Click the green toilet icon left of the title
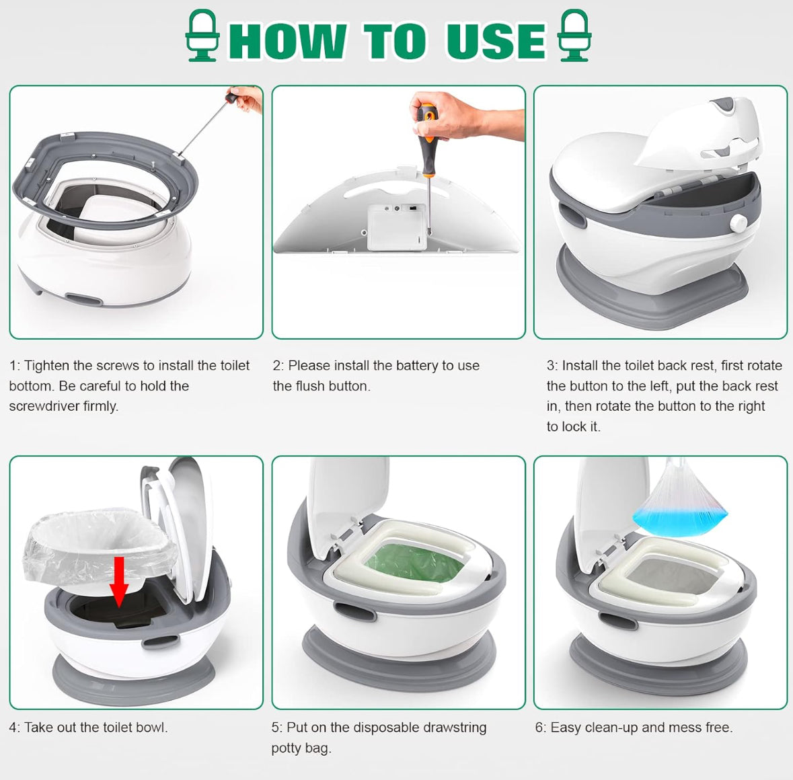202,36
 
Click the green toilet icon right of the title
574,36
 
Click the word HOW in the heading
289,41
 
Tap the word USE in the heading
496,41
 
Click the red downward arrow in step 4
119,580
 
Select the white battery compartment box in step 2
397,227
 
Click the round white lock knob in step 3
739,223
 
